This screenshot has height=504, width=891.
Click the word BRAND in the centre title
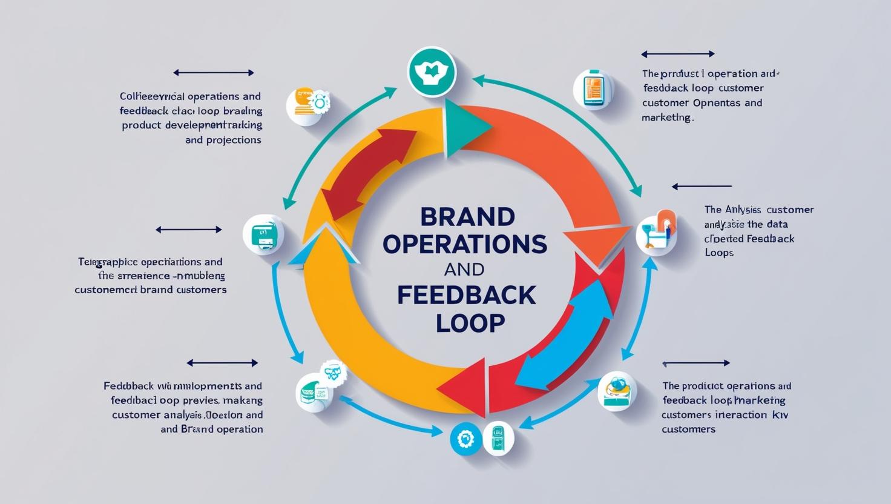pyautogui.click(x=467, y=216)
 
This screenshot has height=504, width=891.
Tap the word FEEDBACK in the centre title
pyautogui.click(x=467, y=295)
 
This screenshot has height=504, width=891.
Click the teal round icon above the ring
pyautogui.click(x=432, y=72)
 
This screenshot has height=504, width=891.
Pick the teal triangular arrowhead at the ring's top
pyautogui.click(x=464, y=128)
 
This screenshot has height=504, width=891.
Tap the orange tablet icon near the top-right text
pyautogui.click(x=593, y=89)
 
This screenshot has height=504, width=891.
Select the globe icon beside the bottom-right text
pyautogui.click(x=617, y=391)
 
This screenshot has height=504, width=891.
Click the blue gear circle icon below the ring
pyautogui.click(x=466, y=439)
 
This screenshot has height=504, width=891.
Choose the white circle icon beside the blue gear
pyautogui.click(x=498, y=438)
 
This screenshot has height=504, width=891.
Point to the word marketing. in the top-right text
pyautogui.click(x=667, y=118)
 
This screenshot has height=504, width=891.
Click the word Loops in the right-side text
pyautogui.click(x=719, y=253)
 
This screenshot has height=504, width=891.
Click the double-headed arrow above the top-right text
pyautogui.click(x=677, y=54)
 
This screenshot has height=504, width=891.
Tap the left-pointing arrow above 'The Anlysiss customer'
pyautogui.click(x=702, y=187)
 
